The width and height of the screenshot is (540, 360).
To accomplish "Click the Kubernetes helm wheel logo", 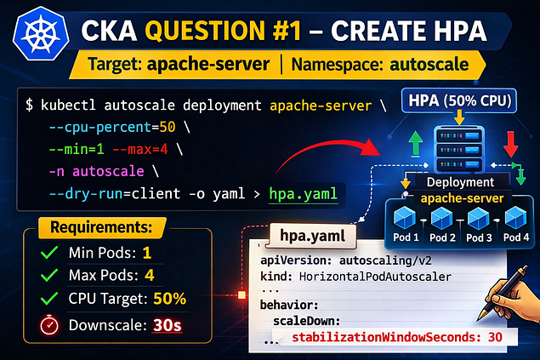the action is coord(41,34).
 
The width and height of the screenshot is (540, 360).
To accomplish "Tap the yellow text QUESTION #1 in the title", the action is coord(223,31).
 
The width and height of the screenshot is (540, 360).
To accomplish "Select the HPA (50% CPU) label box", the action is coord(459,100).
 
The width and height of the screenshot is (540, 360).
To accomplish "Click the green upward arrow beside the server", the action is coord(416,143).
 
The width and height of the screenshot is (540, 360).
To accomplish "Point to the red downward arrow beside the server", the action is coord(511,144).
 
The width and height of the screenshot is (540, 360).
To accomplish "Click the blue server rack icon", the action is coord(459,150).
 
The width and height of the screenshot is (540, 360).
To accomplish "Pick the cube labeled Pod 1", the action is coord(404,218).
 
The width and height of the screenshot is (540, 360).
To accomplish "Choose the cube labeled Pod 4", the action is coord(515,218).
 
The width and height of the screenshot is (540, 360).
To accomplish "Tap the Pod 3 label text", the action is coord(479,237).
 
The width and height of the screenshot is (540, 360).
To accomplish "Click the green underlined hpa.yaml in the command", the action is coord(303,194).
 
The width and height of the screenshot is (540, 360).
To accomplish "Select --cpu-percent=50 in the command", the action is coord(112,127).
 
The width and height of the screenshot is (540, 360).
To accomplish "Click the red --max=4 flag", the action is coord(140,149).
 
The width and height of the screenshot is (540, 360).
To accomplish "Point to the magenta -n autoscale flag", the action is coord(96,171).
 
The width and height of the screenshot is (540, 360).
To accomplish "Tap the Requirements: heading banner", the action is coord(102,227).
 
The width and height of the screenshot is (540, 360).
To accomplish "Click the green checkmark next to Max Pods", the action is coord(49,275).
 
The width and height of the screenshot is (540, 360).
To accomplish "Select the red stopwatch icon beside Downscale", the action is coord(49,324).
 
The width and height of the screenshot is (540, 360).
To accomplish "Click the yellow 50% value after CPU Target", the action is coord(170,299).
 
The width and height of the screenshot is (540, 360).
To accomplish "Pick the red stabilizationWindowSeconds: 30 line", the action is coord(397,337).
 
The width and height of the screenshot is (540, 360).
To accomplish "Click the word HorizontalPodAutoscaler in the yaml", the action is coord(375,277).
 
